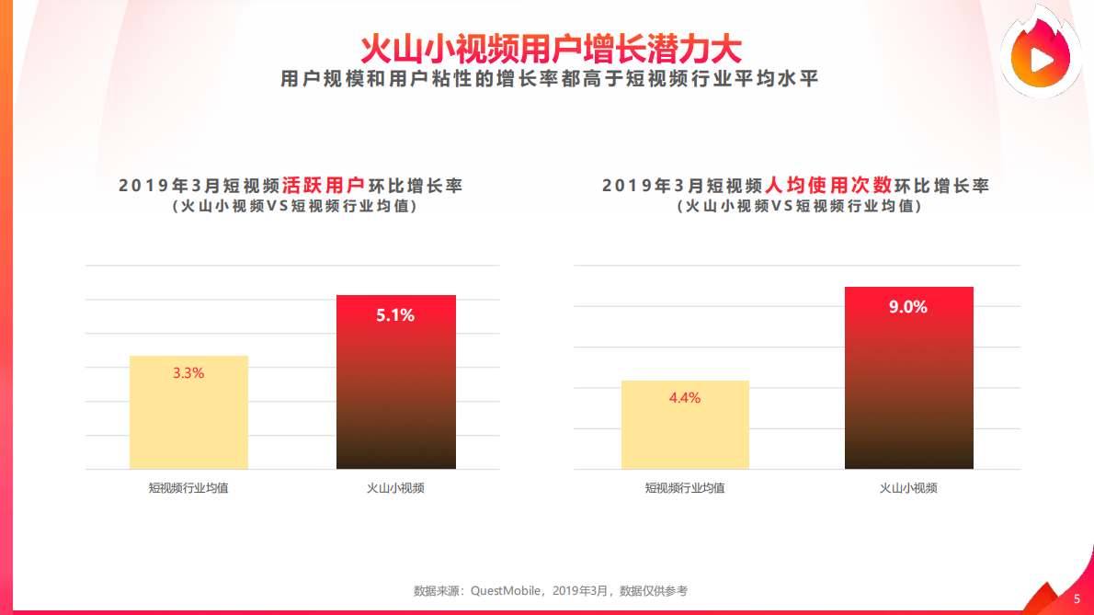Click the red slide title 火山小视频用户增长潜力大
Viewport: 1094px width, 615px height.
tap(550, 48)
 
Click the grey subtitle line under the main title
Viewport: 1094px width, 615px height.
tap(550, 79)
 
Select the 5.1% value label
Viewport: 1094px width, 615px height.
tap(395, 315)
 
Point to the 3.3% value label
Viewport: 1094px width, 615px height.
tap(188, 373)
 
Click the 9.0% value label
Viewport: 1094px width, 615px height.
tap(908, 307)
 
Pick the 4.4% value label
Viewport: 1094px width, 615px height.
tap(685, 398)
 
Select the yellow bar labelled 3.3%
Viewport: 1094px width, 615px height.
tap(188, 423)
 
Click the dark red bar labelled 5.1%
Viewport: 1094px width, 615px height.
tap(395, 395)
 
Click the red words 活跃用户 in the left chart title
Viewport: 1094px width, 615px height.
tap(323, 185)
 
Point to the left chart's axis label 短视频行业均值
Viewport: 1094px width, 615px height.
tap(188, 488)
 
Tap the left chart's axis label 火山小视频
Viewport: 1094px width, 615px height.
tap(395, 488)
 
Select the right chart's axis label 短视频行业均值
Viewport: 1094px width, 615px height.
tap(685, 488)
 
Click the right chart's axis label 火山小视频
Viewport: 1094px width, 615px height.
tap(908, 488)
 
